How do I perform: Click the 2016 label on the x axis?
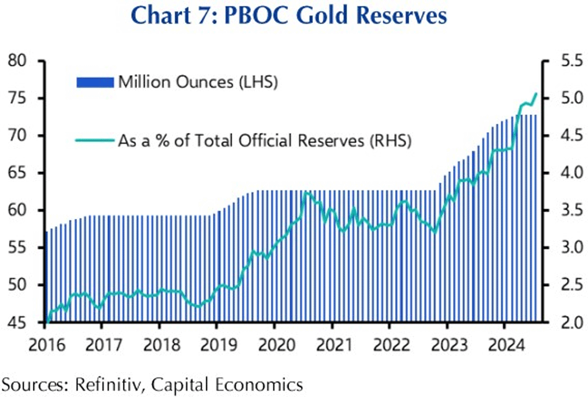(45, 342)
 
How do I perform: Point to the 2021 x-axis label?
(332, 342)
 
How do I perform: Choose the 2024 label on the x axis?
(505, 342)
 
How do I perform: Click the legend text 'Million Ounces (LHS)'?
(198, 82)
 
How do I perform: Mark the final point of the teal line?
(536, 93)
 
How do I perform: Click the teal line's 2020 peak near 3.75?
(306, 192)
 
